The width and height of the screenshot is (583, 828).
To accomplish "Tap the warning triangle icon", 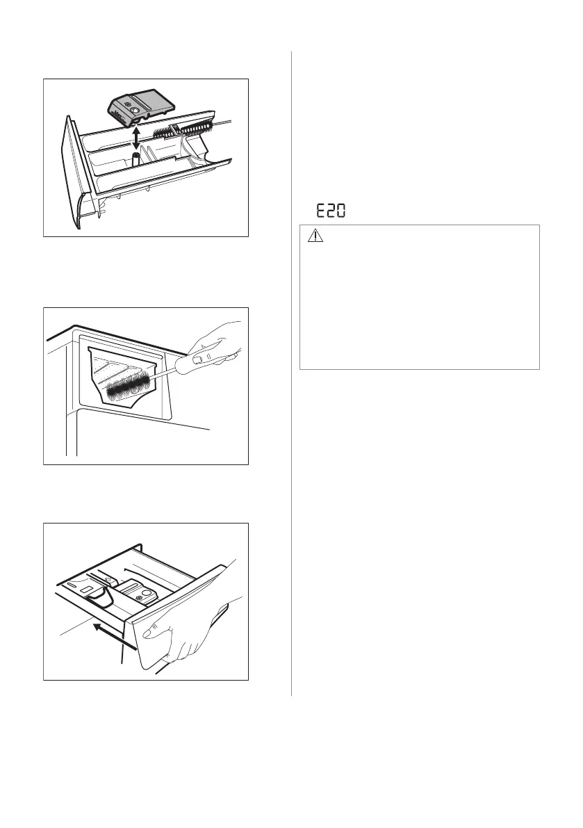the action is tap(316, 238).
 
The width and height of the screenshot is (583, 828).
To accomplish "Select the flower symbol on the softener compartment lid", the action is tap(140, 597).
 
